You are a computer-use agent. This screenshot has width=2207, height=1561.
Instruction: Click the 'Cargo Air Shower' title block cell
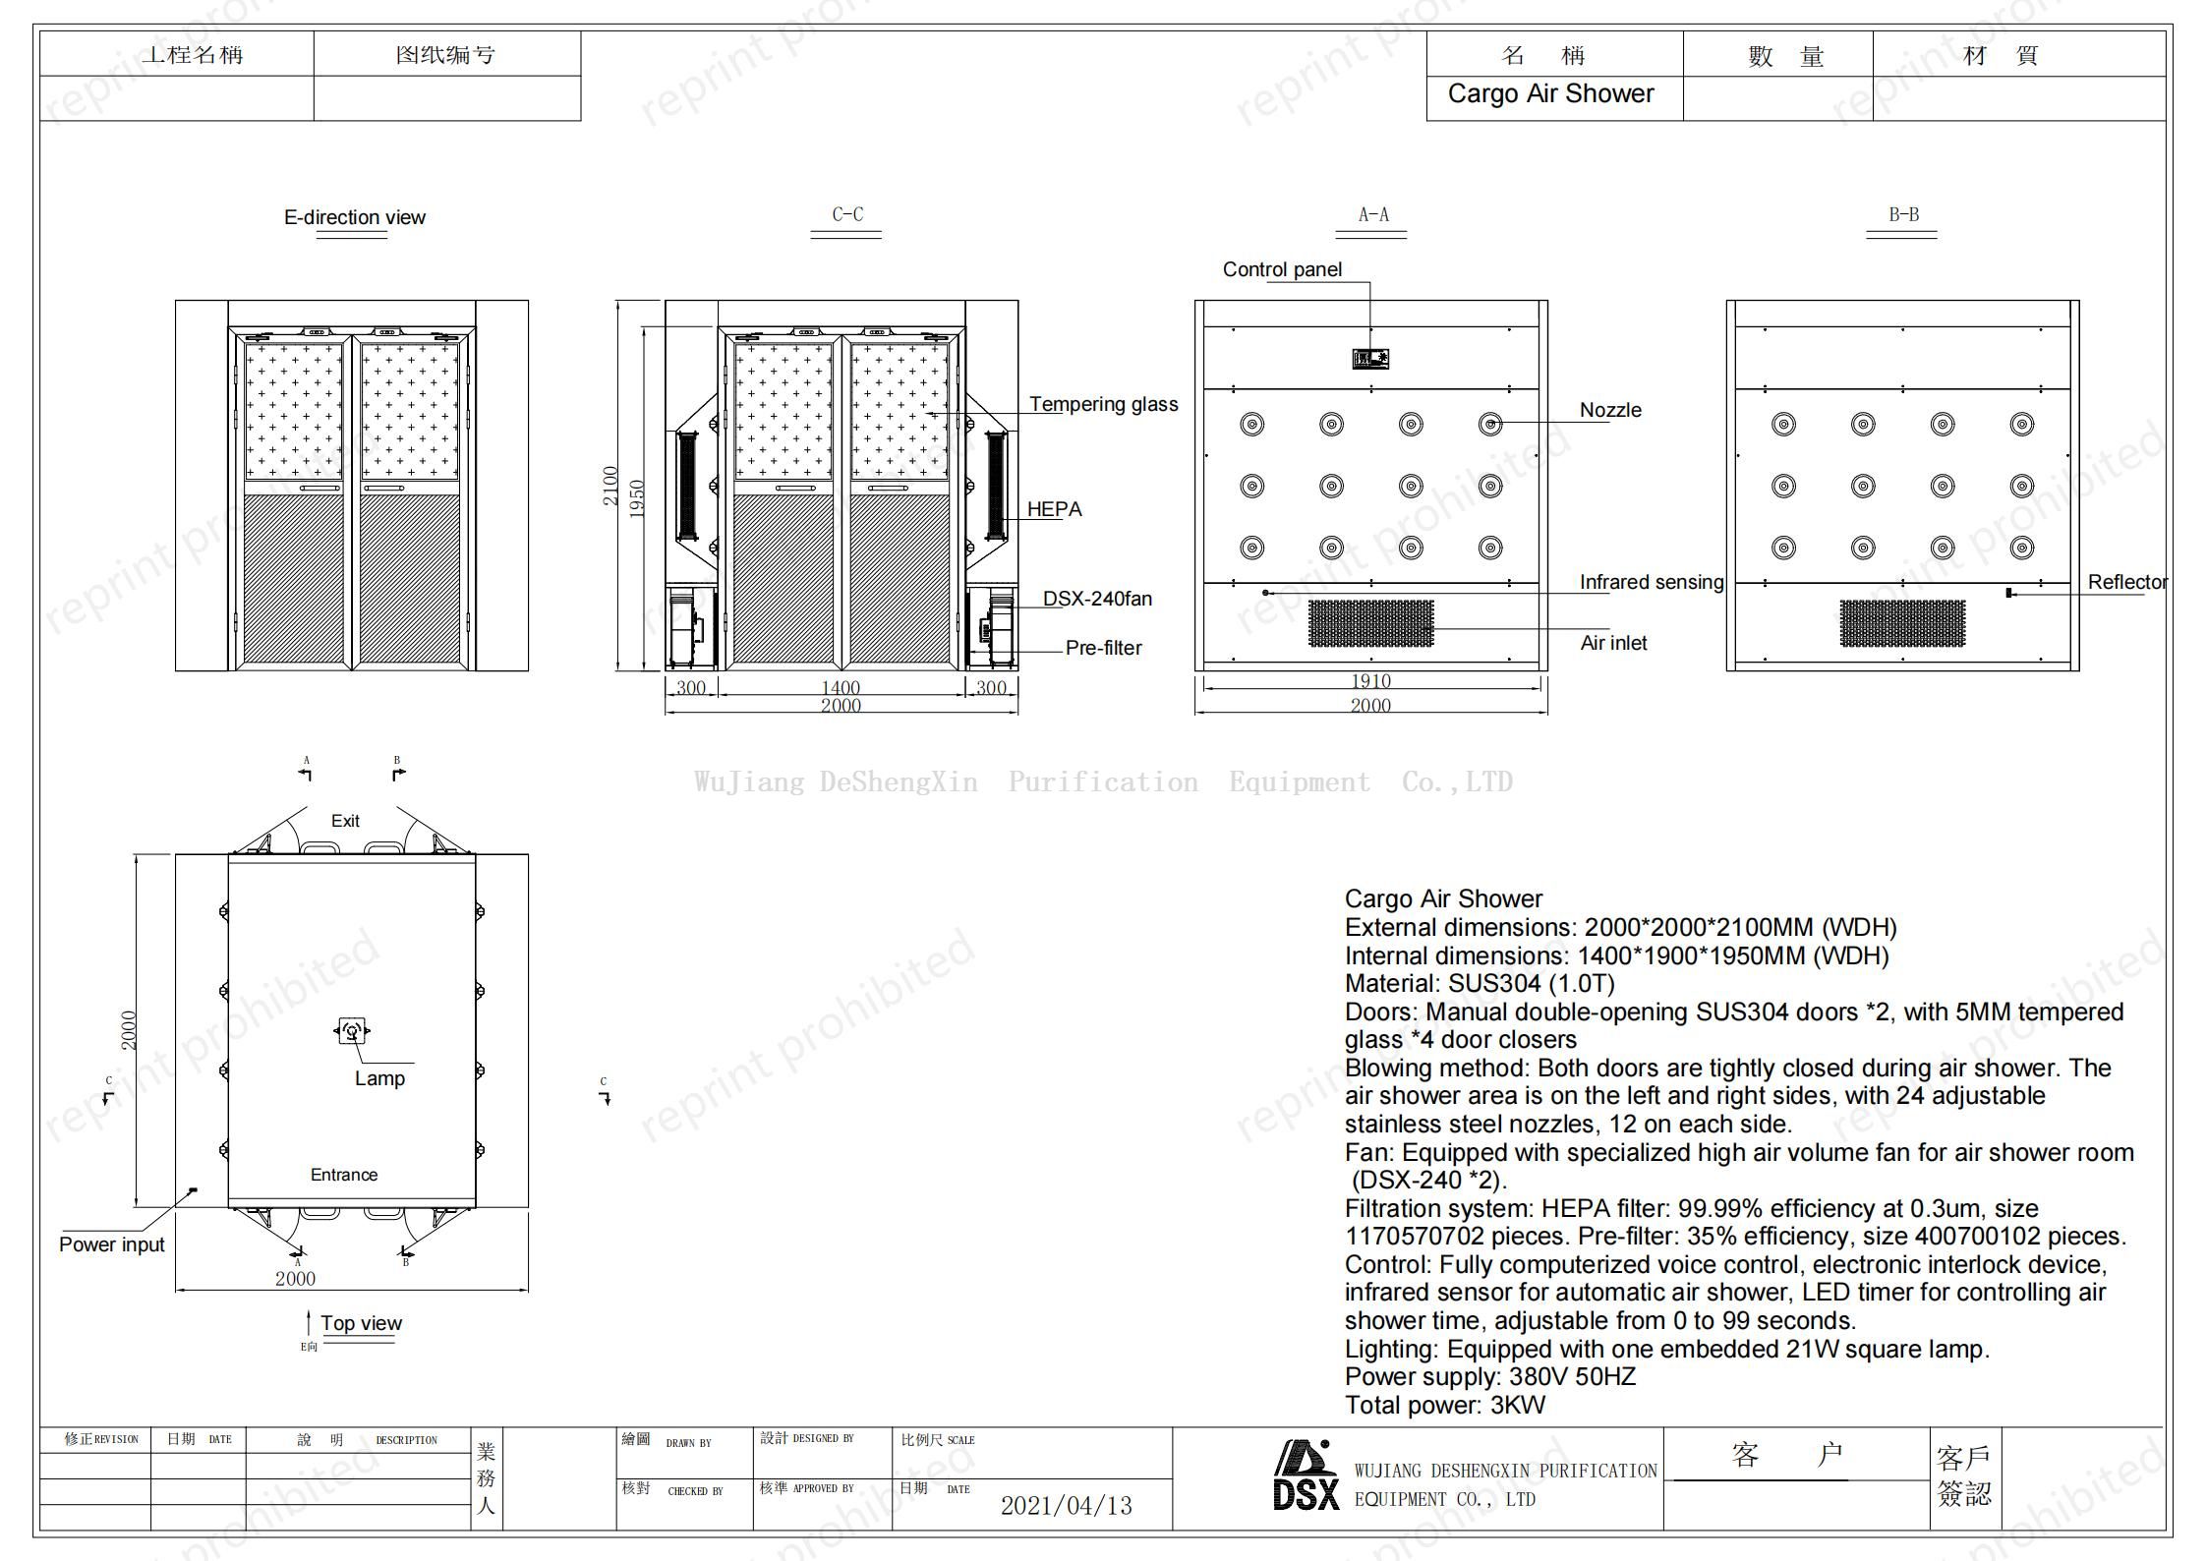(1550, 94)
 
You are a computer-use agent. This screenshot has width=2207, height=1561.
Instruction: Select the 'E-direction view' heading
(354, 217)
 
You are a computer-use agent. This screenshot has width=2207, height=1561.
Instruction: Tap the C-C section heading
(846, 214)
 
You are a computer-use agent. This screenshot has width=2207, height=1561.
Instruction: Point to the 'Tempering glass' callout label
(1103, 404)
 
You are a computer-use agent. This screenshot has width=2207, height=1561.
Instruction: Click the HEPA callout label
(1054, 509)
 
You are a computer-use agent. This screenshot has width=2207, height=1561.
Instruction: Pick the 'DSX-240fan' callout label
(1097, 599)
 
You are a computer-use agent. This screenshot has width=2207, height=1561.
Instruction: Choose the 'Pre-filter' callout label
(1103, 648)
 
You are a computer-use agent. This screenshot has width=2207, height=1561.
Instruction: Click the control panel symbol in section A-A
(1370, 359)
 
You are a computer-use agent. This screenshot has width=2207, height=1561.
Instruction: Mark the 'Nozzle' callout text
(1610, 410)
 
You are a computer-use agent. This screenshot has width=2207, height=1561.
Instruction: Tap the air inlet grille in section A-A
(1370, 623)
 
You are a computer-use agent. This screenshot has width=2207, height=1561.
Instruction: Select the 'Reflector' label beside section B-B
(2127, 582)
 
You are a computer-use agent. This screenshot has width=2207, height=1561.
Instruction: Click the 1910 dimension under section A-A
(1370, 681)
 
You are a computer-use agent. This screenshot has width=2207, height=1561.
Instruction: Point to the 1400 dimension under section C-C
(841, 687)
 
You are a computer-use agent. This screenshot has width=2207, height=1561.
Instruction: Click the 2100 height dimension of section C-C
(610, 486)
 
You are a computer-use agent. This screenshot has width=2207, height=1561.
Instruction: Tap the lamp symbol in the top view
(352, 1031)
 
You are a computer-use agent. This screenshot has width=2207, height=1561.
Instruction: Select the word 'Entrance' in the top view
(343, 1175)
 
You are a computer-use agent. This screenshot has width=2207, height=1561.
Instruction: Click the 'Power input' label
(111, 1244)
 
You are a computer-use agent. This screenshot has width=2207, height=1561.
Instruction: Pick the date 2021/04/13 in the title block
(1066, 1505)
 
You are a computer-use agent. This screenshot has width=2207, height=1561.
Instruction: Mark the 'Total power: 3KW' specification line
(1444, 1405)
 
